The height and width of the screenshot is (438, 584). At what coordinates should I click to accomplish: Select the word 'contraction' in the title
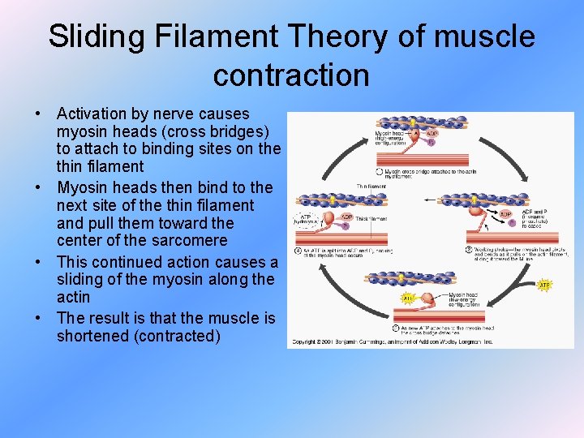click(x=291, y=75)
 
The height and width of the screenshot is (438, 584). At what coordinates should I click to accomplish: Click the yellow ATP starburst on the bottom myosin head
click(x=408, y=298)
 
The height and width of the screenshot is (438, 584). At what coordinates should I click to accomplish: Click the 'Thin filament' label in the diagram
click(x=371, y=187)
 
